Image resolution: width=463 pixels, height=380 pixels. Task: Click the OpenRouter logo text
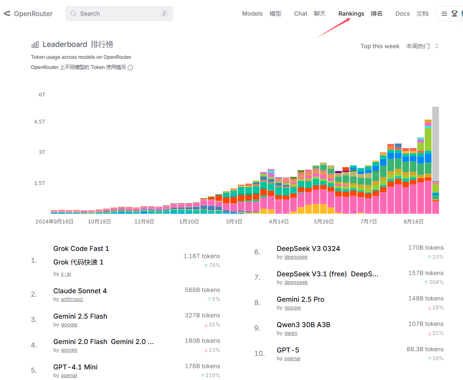pyautogui.click(x=33, y=14)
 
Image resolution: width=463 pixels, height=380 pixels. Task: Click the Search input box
pyautogui.click(x=119, y=14)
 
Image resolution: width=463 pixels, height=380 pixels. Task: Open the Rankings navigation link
pyautogui.click(x=351, y=14)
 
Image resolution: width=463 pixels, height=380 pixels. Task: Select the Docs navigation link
pyautogui.click(x=402, y=14)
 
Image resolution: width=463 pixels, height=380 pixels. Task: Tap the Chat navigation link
pyautogui.click(x=300, y=14)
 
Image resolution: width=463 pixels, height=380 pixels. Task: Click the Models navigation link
pyautogui.click(x=252, y=14)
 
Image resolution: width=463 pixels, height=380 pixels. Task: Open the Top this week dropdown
pyautogui.click(x=400, y=46)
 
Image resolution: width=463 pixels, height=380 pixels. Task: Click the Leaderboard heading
pyautogui.click(x=65, y=44)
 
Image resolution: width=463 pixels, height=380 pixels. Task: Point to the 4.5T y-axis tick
pyautogui.click(x=40, y=122)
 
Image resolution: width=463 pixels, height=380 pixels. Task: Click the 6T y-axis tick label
pyautogui.click(x=42, y=95)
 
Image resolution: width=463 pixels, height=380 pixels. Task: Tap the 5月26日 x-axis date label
pyautogui.click(x=323, y=221)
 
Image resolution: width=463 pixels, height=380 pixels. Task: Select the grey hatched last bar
pyautogui.click(x=435, y=144)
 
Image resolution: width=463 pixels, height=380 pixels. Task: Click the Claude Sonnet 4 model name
pyautogui.click(x=80, y=291)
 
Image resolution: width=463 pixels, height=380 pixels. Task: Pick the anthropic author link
pyautogui.click(x=72, y=299)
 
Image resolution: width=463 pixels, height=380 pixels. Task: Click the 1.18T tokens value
pyautogui.click(x=201, y=256)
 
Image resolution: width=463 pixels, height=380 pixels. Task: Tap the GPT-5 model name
pyautogui.click(x=288, y=350)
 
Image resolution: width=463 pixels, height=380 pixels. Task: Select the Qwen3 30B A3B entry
pyautogui.click(x=303, y=325)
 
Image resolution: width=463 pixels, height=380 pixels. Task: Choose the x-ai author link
pyautogui.click(x=66, y=274)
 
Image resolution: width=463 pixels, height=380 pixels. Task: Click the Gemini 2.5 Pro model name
pyautogui.click(x=300, y=299)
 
